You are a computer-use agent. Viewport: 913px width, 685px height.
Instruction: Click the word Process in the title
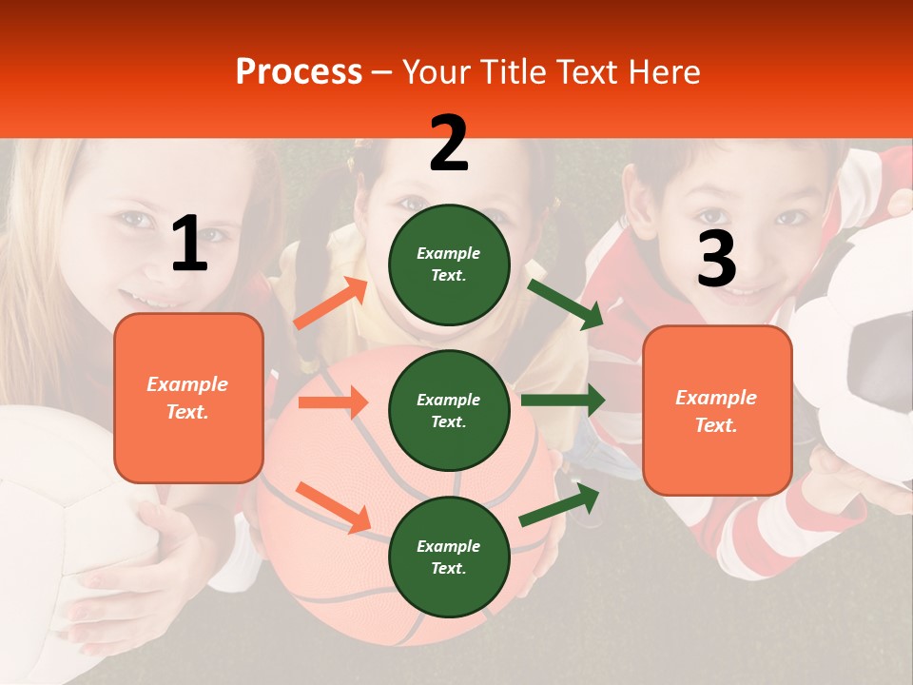(299, 72)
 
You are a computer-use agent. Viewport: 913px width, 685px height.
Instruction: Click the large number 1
(189, 244)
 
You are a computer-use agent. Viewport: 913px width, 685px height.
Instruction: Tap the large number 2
(448, 144)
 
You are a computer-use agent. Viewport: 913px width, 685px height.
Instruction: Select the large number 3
(716, 259)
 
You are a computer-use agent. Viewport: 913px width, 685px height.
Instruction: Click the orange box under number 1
(188, 398)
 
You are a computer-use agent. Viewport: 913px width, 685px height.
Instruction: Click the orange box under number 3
(717, 411)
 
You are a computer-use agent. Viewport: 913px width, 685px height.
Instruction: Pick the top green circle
(449, 264)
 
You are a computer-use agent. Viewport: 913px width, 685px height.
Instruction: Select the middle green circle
(449, 410)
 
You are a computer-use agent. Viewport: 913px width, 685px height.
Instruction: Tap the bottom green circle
(449, 557)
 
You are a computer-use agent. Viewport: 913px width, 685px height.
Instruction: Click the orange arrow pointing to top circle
(330, 303)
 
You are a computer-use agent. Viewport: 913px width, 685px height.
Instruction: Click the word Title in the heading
(515, 72)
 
